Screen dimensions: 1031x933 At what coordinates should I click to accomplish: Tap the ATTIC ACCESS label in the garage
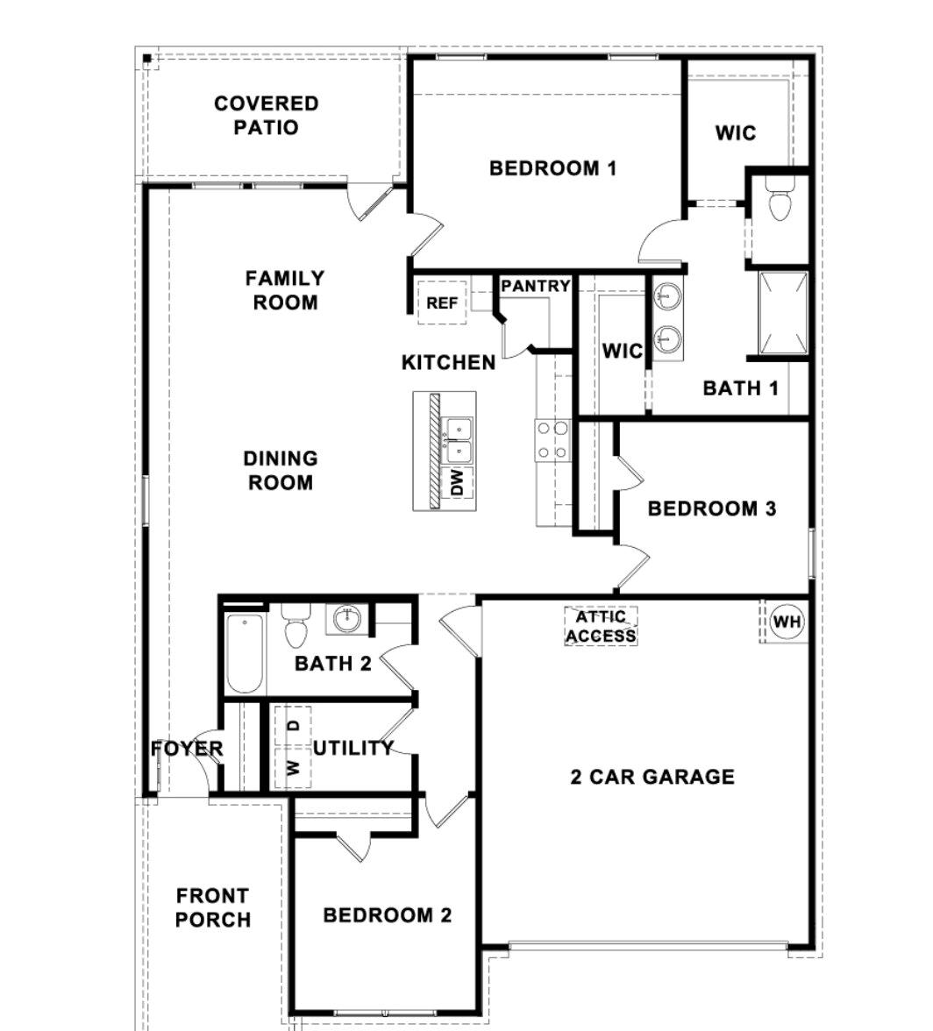coord(601,626)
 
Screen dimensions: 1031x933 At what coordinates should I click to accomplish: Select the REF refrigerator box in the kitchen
coord(442,303)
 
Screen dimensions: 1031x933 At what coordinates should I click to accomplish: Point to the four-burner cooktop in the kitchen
coord(552,440)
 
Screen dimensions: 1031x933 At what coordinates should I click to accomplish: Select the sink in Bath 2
coord(347,619)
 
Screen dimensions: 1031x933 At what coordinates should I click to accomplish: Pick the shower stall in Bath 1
coord(783,314)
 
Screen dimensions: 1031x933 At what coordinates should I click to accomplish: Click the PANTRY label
coord(536,286)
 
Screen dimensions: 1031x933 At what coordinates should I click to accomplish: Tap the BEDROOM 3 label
coord(711,508)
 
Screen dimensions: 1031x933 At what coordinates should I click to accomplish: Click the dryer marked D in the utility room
coord(294,725)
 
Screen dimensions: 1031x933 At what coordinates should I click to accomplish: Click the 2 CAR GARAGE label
coord(652,777)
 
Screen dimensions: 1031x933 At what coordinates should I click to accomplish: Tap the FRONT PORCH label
coord(213,907)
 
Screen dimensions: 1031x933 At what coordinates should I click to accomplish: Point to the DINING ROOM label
coord(280,470)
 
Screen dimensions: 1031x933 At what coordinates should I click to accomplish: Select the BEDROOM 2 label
coord(387,915)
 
